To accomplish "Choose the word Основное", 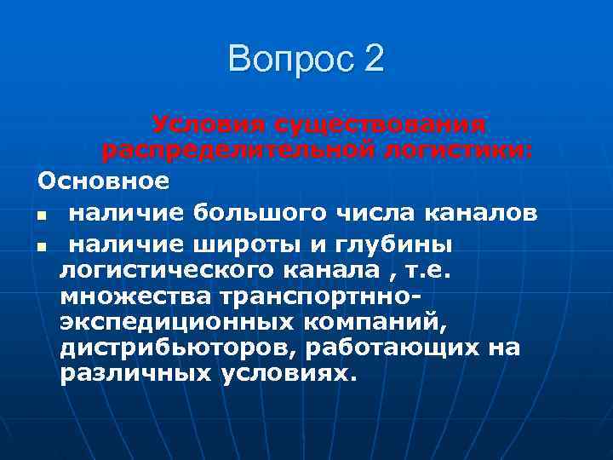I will coord(103,181).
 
